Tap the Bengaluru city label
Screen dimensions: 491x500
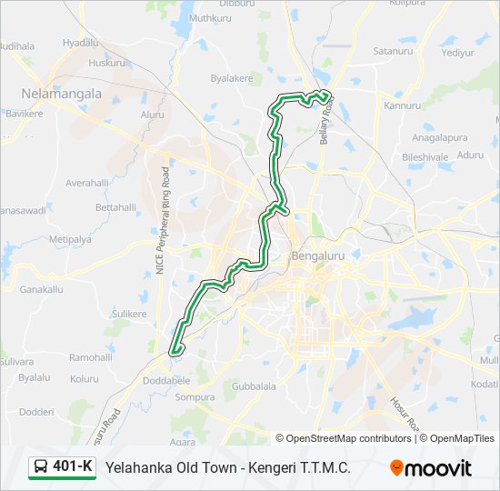(x=318, y=256)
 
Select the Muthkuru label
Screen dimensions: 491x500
(x=211, y=18)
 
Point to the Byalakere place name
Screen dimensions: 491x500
(x=232, y=79)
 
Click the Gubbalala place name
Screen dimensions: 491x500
(x=254, y=386)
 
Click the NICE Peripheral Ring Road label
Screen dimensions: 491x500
(x=162, y=221)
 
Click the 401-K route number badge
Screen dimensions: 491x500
(x=72, y=467)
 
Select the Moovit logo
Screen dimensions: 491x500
(x=431, y=467)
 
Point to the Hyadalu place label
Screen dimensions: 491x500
(x=80, y=43)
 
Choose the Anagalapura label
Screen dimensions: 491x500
(x=439, y=138)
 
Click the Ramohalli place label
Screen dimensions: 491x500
(x=91, y=357)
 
